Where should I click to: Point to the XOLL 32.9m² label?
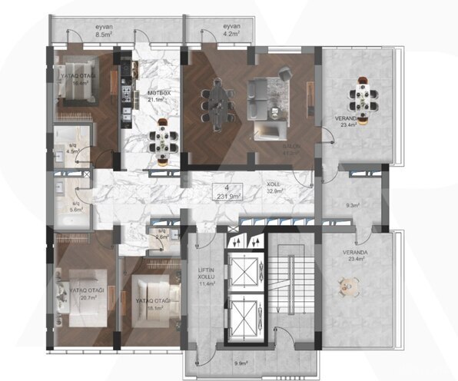[274, 188]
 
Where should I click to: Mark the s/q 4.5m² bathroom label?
[73, 150]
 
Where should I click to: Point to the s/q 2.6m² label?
[161, 234]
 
